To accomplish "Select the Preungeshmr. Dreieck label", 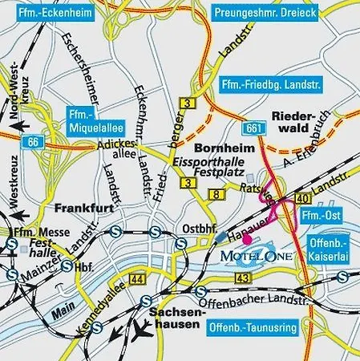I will pos(265,13).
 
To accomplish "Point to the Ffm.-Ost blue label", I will pos(319,217).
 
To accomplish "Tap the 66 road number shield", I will pos(32,142).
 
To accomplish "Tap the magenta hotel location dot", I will pos(248,238).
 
